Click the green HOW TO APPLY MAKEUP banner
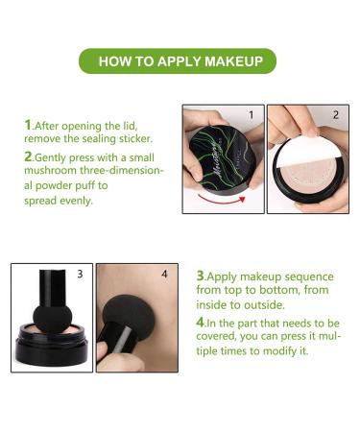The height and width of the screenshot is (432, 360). click(180, 61)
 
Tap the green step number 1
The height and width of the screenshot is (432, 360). click(28, 125)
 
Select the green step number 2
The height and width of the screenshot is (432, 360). click(28, 156)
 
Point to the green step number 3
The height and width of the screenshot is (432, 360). click(201, 274)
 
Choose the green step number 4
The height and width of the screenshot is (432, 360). click(201, 321)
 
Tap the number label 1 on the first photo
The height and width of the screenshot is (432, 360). click(251, 115)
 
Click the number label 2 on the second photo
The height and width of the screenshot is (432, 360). click(335, 115)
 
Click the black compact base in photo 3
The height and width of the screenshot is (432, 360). click(53, 355)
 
